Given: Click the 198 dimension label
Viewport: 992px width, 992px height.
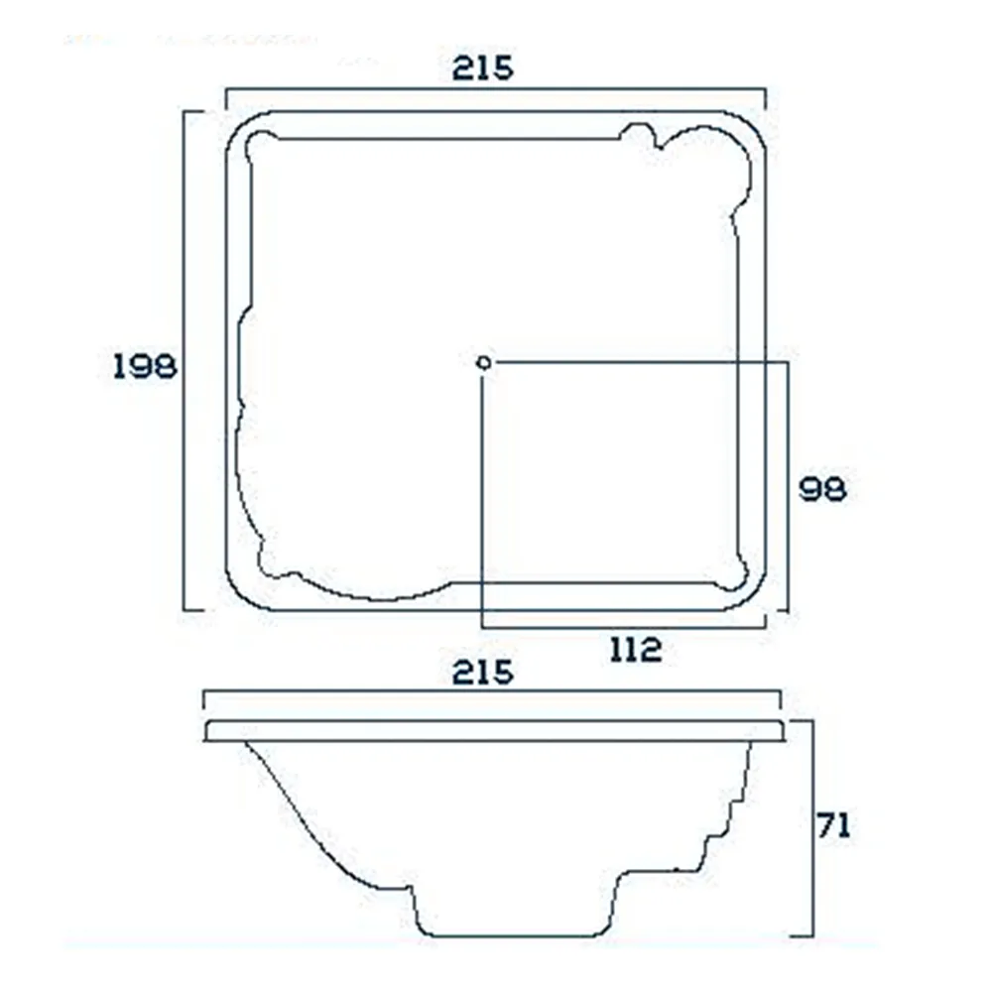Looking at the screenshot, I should click(x=144, y=366).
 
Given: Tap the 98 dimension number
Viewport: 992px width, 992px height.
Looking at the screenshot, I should click(x=823, y=489).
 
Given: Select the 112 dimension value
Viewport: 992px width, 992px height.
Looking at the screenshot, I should click(x=636, y=650).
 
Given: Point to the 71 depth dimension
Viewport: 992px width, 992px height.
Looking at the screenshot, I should click(x=833, y=825).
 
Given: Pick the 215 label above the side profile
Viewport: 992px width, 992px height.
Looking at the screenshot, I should click(x=483, y=673).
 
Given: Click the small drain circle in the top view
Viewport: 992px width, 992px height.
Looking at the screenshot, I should click(x=483, y=363).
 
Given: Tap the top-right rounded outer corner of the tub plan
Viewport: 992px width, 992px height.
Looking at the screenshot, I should click(x=754, y=124).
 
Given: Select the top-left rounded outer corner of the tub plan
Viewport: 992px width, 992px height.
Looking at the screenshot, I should click(x=238, y=124).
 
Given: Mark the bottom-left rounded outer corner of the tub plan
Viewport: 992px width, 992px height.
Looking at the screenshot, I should click(x=238, y=595).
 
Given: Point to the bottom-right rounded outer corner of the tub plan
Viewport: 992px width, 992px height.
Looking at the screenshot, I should click(x=754, y=595).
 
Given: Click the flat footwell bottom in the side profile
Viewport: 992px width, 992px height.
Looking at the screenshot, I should click(x=516, y=935).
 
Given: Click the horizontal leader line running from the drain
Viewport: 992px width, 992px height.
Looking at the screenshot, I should click(x=645, y=363).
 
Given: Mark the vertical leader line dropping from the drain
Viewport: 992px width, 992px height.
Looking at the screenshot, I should click(x=483, y=496).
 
